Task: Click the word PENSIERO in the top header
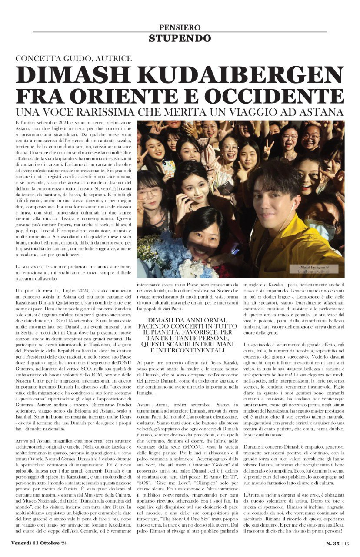coord(180,27)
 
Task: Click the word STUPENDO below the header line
coord(180,38)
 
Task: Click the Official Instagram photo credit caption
coord(314,268)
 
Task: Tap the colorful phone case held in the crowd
coord(168,167)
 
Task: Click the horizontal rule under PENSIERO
coord(180,32)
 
